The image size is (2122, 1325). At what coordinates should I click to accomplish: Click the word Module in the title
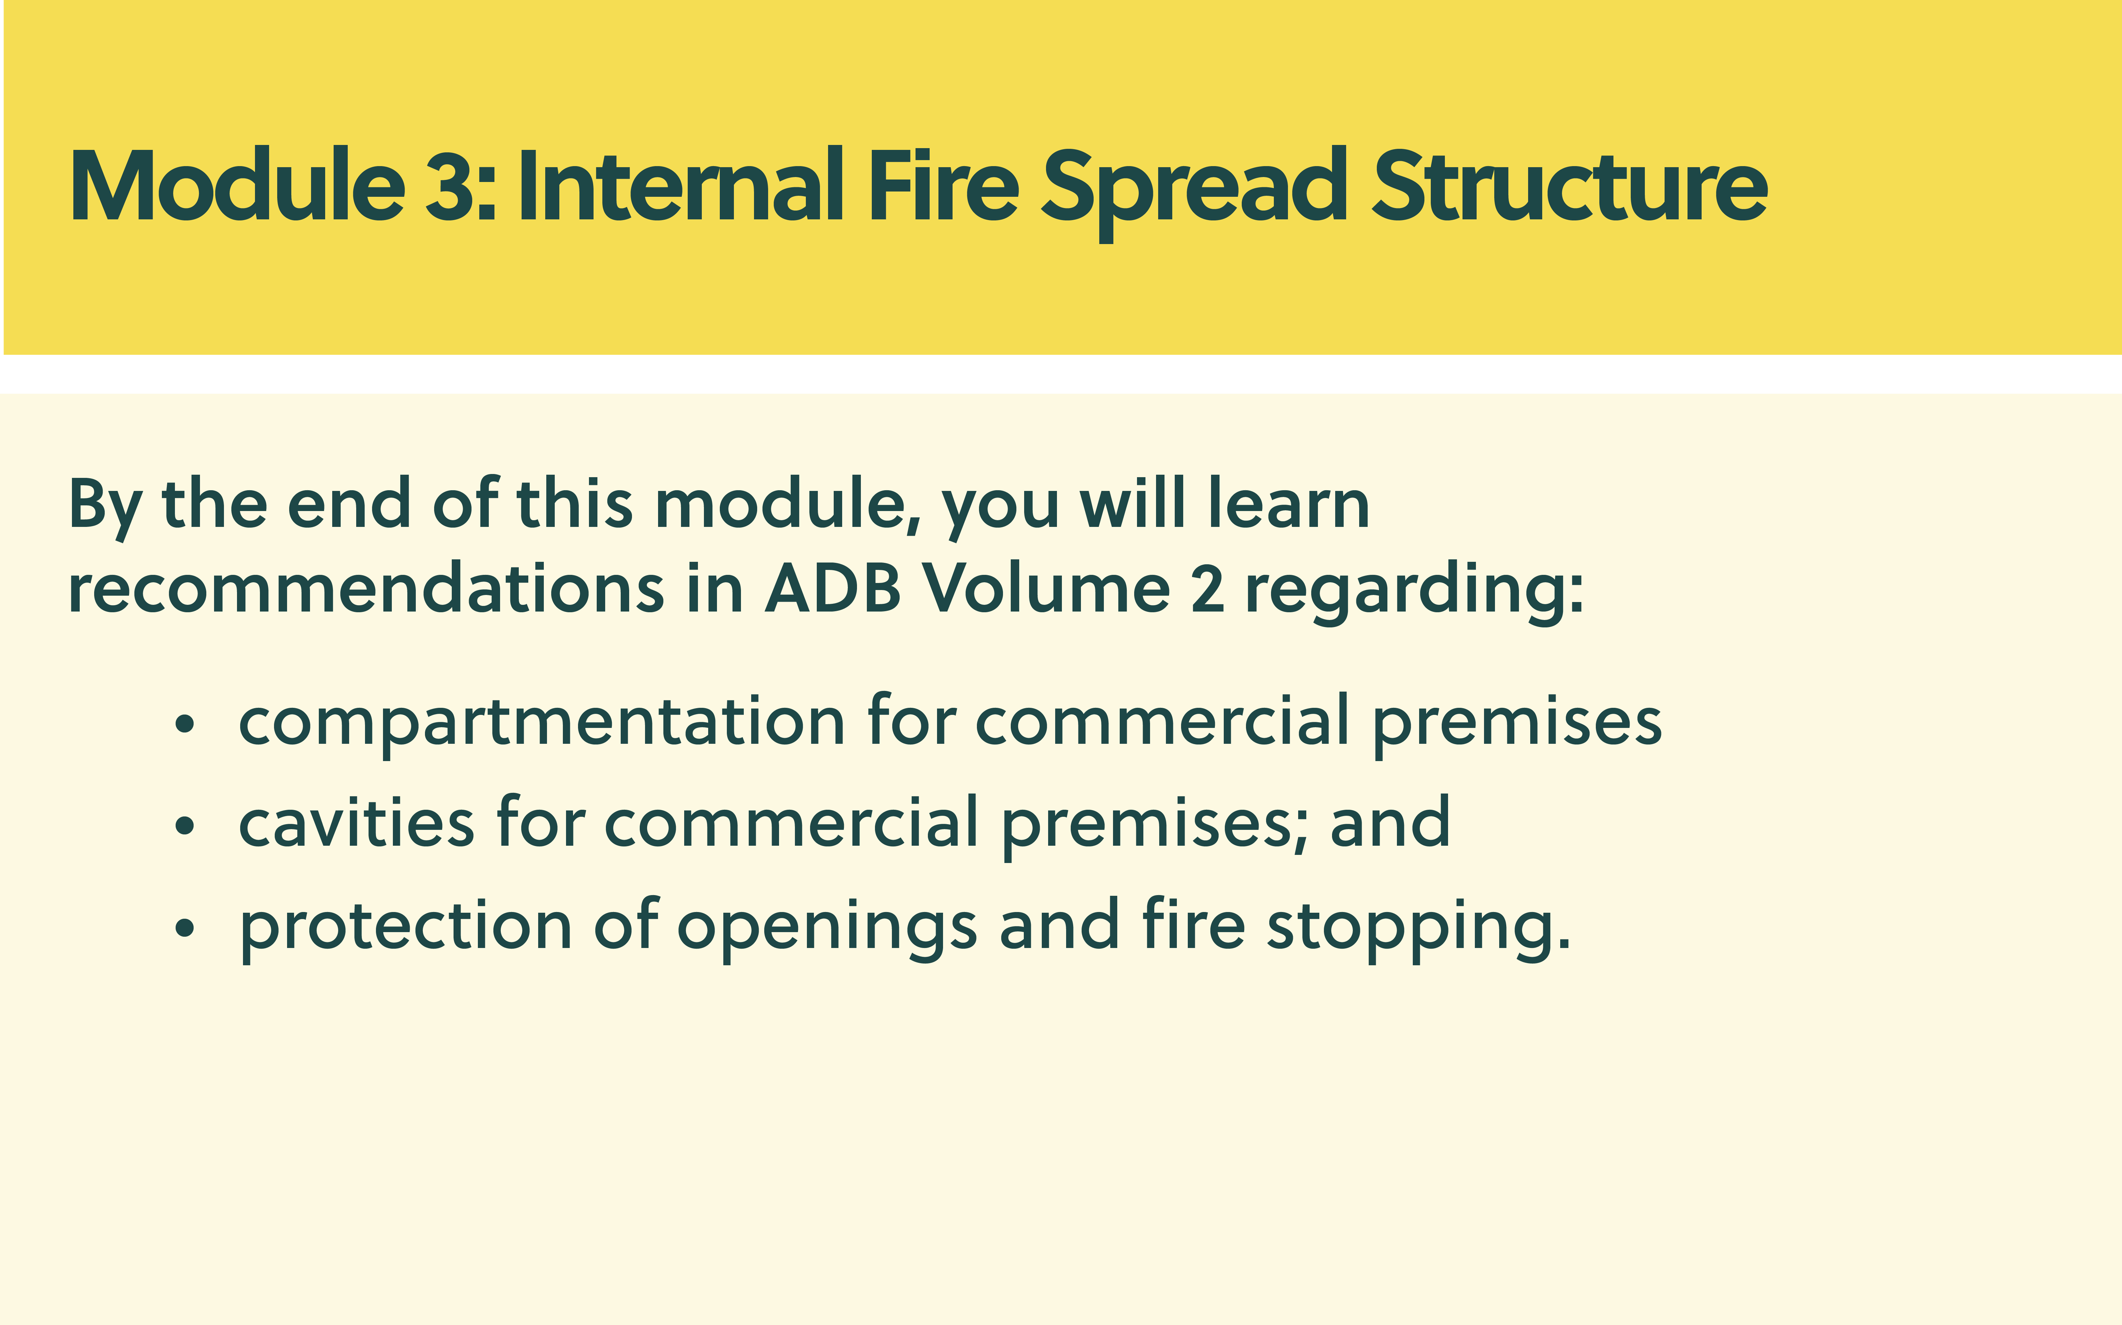(x=237, y=186)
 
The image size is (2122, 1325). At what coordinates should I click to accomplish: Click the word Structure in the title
(x=1569, y=186)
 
